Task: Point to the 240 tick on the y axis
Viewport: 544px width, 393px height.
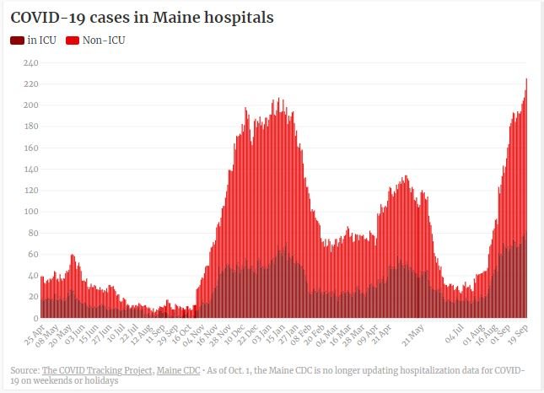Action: (x=30, y=62)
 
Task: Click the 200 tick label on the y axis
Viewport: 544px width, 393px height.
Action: (x=30, y=105)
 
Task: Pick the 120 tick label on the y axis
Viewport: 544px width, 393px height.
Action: (x=30, y=191)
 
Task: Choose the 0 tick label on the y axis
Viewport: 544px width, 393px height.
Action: (x=35, y=318)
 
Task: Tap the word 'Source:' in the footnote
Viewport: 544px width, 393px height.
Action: (x=24, y=370)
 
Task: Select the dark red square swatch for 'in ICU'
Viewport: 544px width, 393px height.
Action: (x=17, y=40)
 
